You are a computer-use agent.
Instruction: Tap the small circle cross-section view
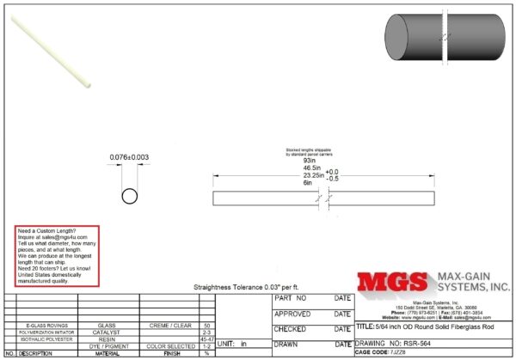click(x=129, y=196)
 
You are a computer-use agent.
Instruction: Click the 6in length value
click(x=307, y=182)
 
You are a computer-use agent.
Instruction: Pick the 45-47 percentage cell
click(x=206, y=339)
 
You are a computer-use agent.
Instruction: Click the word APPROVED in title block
click(x=292, y=314)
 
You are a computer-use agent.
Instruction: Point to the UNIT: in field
click(x=231, y=342)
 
